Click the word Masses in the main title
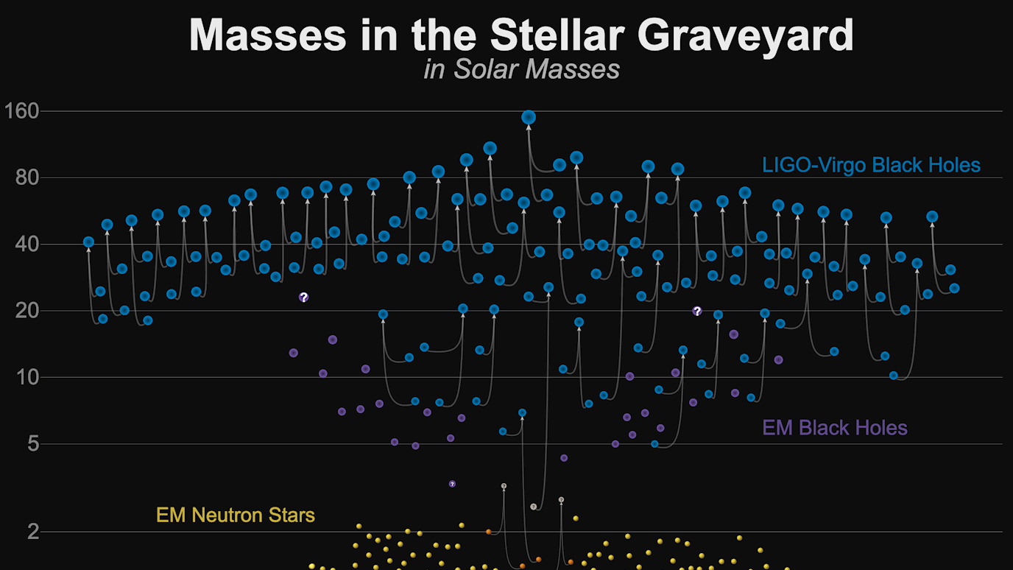point(266,35)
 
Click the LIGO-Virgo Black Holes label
point(871,165)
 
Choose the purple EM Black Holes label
point(834,428)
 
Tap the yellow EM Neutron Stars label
point(236,515)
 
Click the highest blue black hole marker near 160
point(528,117)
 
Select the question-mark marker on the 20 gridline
point(697,311)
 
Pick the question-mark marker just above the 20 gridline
point(303,297)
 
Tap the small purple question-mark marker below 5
point(452,484)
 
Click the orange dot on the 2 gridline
point(488,531)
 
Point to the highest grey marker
point(504,486)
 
